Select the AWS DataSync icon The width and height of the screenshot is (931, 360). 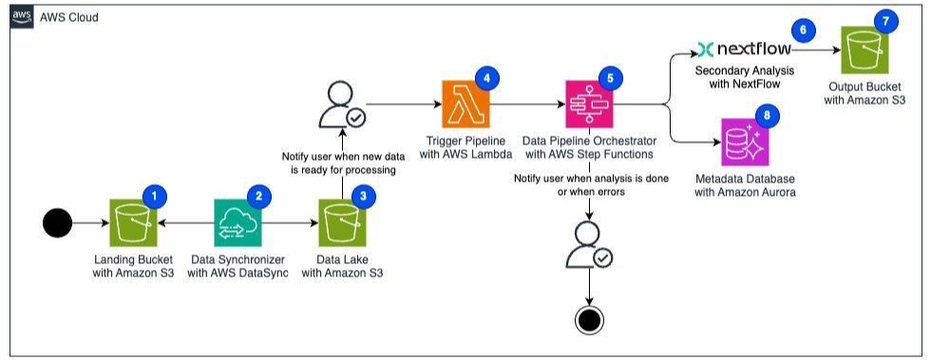click(238, 223)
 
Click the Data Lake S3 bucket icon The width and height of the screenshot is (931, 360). click(343, 223)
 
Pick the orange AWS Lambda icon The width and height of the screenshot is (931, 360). click(465, 104)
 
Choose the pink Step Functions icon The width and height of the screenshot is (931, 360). click(587, 104)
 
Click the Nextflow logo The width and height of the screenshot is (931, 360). click(744, 48)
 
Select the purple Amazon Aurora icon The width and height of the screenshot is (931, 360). click(745, 142)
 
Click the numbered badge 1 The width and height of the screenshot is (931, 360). click(154, 197)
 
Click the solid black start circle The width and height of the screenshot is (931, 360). click(58, 223)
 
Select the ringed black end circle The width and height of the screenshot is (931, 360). click(589, 320)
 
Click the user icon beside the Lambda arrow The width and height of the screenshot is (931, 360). click(342, 107)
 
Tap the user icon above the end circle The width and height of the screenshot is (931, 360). click(589, 245)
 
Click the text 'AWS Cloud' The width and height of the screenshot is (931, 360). click(68, 17)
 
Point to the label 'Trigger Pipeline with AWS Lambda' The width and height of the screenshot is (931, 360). click(465, 148)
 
